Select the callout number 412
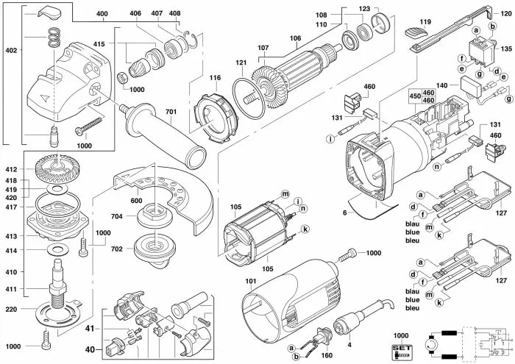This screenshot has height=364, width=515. (x=11, y=171)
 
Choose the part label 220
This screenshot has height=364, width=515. (x=11, y=309)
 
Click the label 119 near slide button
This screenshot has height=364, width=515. (x=425, y=22)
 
